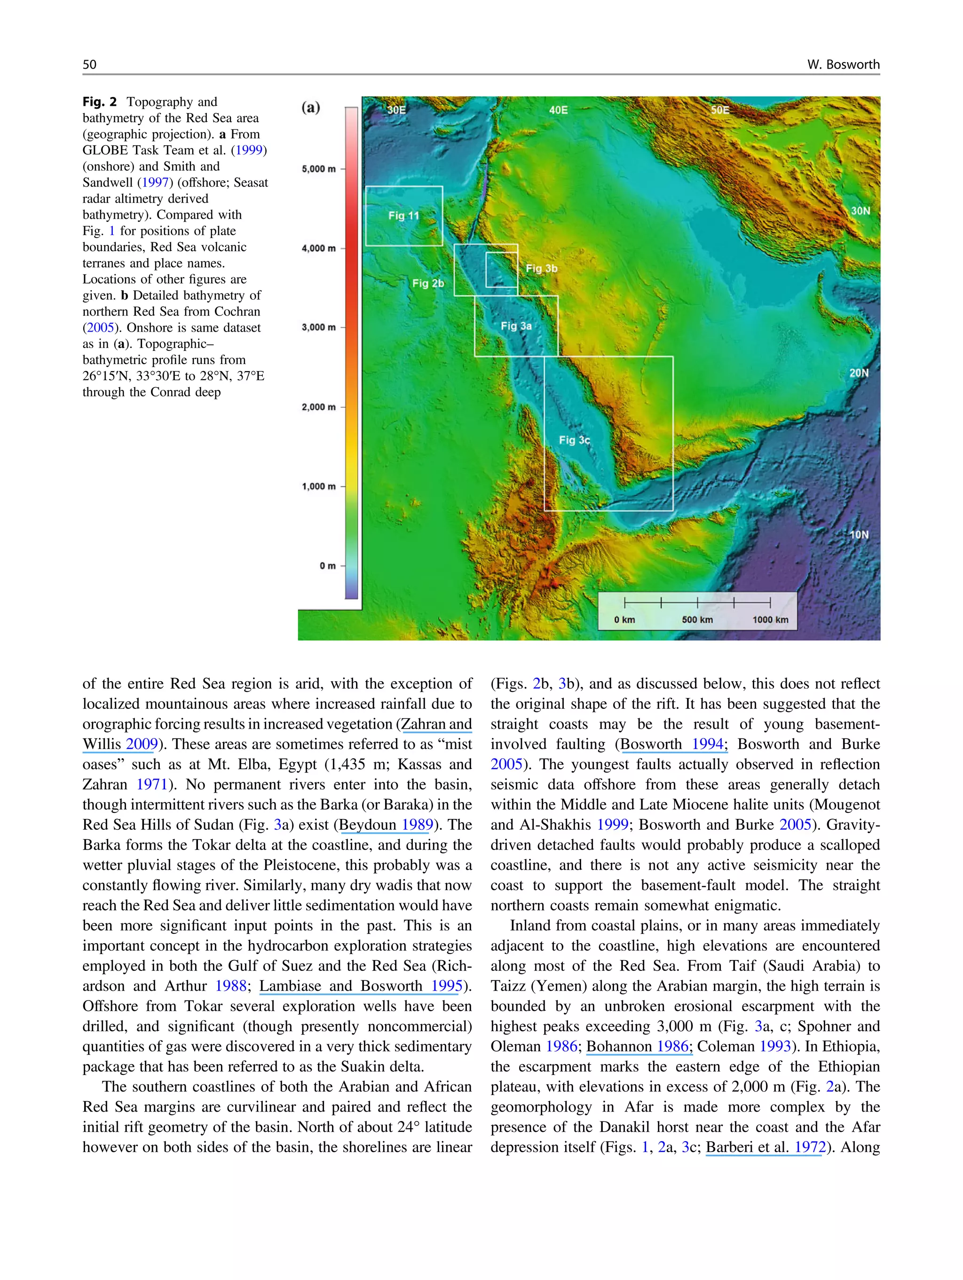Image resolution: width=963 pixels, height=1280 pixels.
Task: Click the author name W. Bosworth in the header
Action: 843,64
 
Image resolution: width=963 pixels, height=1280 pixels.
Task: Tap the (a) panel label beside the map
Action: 311,108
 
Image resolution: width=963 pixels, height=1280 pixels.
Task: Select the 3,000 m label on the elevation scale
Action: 318,327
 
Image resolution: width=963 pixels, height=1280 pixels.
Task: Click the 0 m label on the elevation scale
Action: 327,565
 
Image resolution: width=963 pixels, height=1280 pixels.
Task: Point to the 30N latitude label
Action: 860,211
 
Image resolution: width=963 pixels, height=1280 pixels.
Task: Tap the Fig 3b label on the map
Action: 541,268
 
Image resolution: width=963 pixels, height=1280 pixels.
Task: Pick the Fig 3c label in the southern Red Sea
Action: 574,440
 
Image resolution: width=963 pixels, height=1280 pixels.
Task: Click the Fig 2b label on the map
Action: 428,283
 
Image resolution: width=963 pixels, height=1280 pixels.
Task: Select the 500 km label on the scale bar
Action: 697,619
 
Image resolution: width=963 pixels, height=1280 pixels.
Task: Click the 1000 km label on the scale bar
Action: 770,619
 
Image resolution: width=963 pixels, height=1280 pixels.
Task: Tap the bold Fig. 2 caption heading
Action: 100,102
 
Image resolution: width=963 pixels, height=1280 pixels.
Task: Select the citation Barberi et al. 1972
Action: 765,1147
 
